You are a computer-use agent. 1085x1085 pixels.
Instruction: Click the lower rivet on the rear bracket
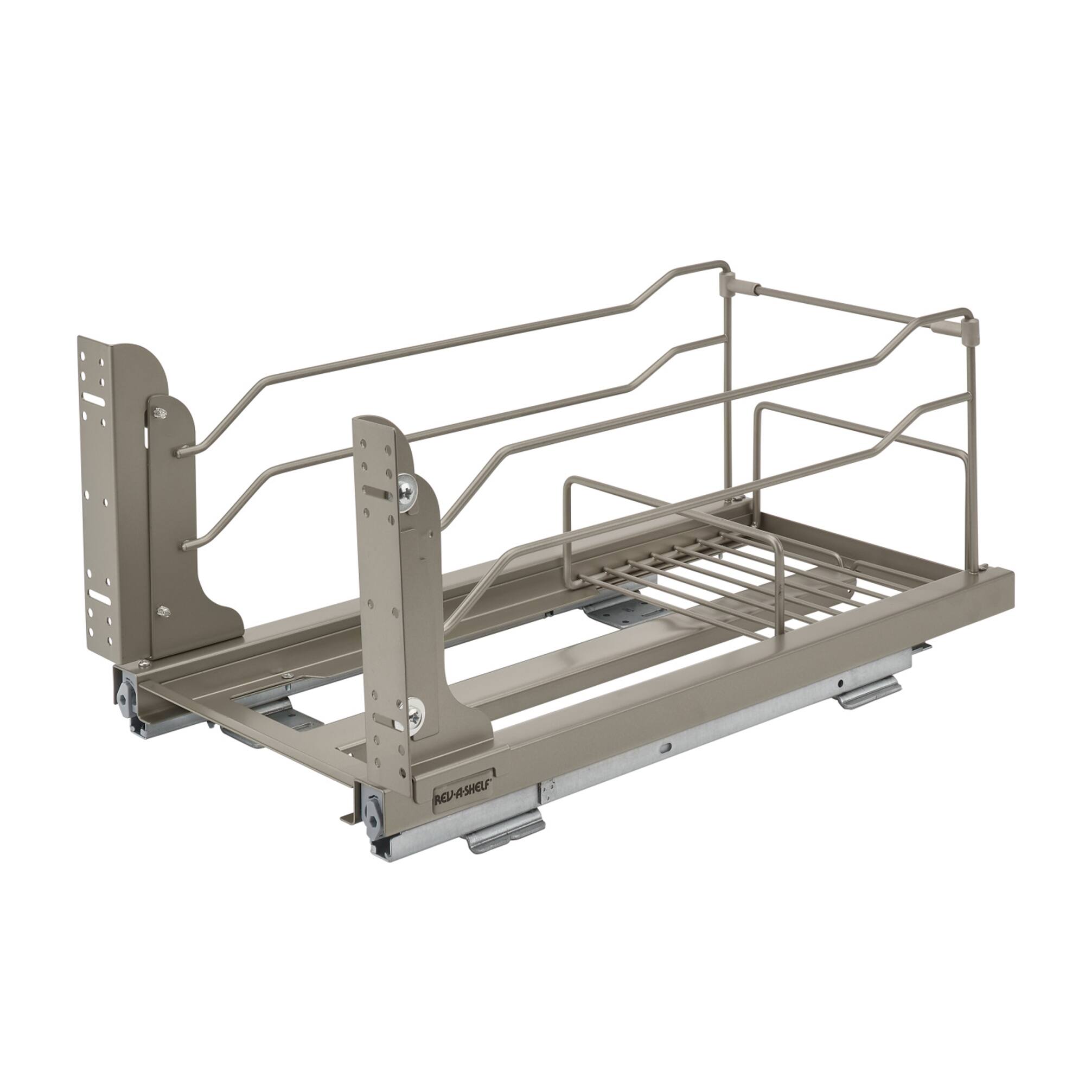[163, 611]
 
